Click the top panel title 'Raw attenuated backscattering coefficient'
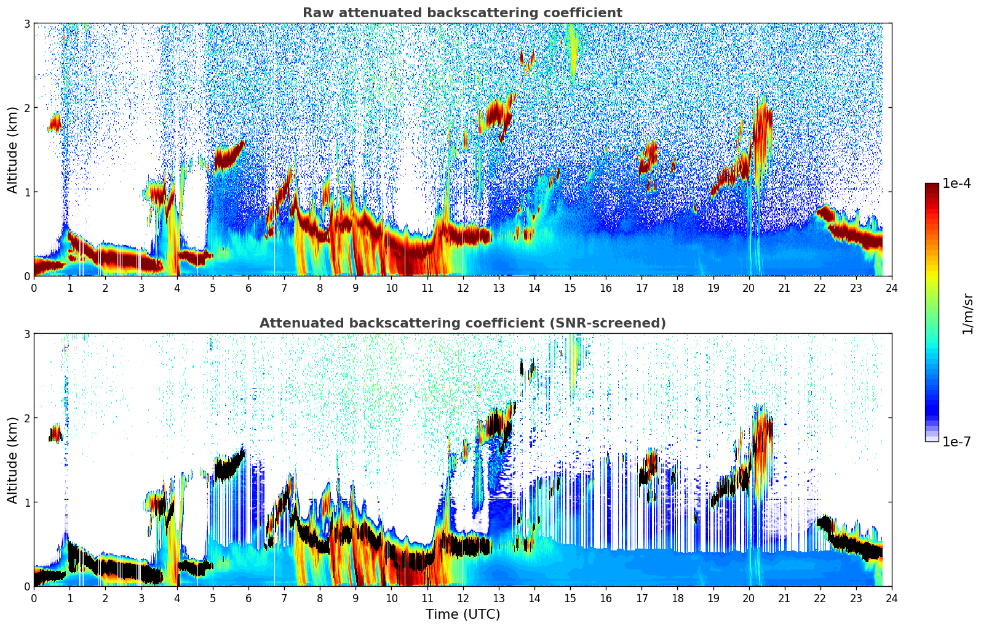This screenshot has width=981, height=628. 462,13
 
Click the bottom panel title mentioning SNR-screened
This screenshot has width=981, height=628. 462,323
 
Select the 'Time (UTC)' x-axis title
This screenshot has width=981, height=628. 463,614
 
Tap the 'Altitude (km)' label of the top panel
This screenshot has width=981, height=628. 13,150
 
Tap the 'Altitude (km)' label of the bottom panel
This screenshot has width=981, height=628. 13,460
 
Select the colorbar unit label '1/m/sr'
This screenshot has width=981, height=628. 967,313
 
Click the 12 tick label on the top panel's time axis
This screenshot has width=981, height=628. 463,288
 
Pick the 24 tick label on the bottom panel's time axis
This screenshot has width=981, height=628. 891,598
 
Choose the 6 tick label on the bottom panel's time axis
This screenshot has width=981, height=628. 248,598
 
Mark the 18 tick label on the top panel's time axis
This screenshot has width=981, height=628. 677,288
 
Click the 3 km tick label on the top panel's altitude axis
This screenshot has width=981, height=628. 27,23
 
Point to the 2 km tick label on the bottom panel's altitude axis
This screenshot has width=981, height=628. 27,418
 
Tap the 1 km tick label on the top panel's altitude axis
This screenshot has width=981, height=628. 27,192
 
